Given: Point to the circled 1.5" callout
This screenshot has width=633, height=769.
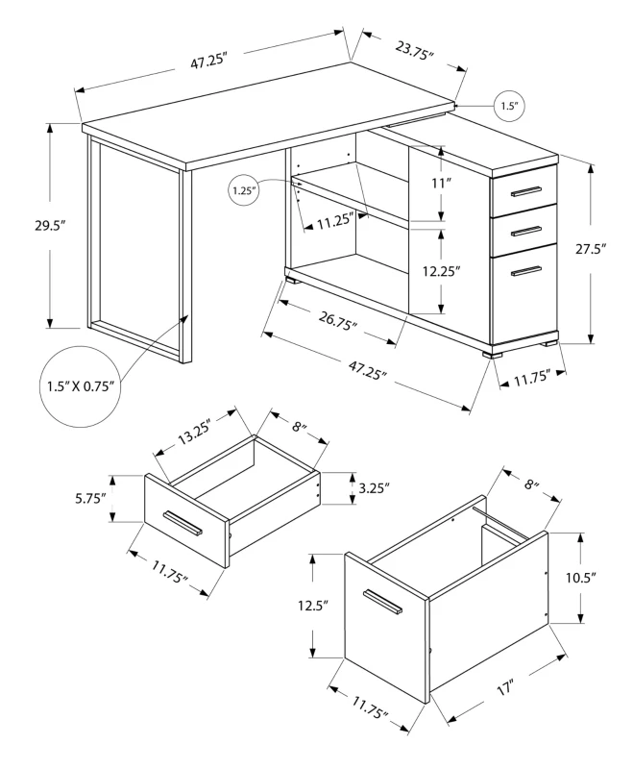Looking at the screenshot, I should pyautogui.click(x=509, y=105).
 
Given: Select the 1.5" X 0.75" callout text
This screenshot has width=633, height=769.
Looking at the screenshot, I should pyautogui.click(x=81, y=386).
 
